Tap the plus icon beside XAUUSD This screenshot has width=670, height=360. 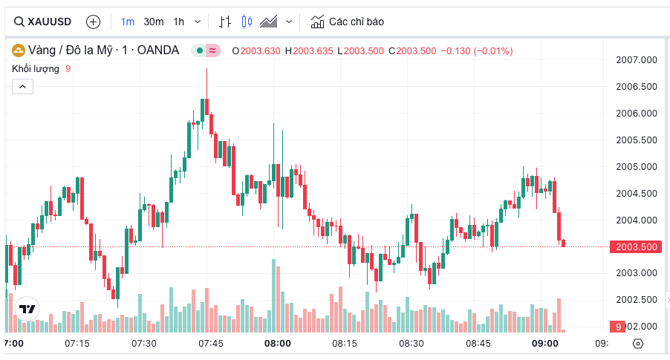coord(93,22)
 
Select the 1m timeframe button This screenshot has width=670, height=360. coord(128,22)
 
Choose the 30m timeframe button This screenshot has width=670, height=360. coord(154,22)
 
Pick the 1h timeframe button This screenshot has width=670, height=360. coord(179,22)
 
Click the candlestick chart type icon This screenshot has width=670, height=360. coord(247,22)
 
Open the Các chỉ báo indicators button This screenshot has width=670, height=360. coord(347,22)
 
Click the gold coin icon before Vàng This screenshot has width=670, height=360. coord(18,50)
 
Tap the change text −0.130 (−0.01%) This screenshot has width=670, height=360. coord(476,50)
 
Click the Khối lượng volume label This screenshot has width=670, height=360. coord(36,69)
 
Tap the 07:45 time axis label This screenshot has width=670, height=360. coord(211,344)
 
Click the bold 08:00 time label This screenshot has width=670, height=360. coord(278,344)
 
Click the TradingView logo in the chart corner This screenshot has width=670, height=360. coord(27,309)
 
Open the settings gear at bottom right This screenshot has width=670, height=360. coord(637,344)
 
